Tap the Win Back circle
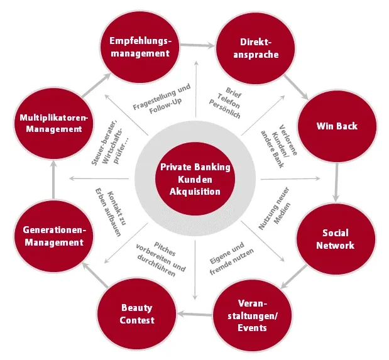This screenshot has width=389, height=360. (336, 126)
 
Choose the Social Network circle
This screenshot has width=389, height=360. (335, 239)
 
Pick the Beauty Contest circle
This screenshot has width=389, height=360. (138, 314)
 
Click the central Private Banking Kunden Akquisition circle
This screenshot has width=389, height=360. (195, 179)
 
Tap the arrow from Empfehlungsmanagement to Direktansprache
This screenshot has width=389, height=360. (195, 46)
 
